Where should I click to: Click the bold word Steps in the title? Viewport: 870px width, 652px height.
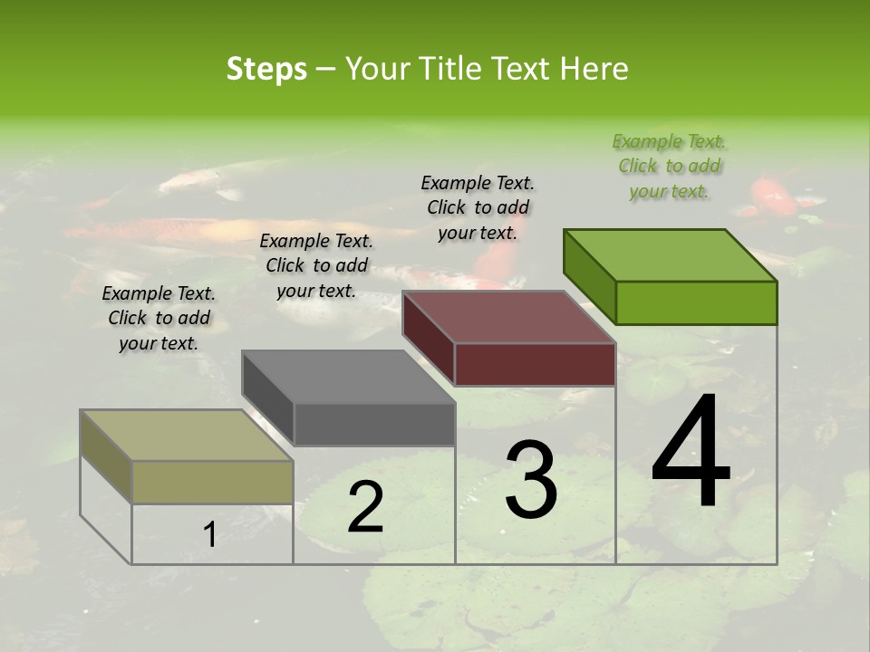266,70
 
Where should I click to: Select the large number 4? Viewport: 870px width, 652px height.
691,454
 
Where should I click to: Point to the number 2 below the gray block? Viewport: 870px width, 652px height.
366,508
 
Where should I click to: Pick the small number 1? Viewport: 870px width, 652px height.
210,535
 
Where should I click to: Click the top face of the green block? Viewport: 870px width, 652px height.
670,254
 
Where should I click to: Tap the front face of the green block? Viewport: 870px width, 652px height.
696,302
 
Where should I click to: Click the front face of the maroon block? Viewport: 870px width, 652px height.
535,365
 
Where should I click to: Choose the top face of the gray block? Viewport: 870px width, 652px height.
348,377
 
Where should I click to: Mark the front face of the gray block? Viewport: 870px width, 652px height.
374,425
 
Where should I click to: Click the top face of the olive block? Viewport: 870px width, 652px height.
187,436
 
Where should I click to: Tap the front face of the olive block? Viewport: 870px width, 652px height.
213,482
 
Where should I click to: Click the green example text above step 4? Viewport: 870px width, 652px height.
669,167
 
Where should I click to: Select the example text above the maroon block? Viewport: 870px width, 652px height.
478,207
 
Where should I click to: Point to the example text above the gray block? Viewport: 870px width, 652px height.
316,265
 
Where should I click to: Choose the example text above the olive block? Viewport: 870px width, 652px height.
159,318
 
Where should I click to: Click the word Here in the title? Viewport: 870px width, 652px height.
594,70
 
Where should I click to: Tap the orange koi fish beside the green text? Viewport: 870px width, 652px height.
775,195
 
